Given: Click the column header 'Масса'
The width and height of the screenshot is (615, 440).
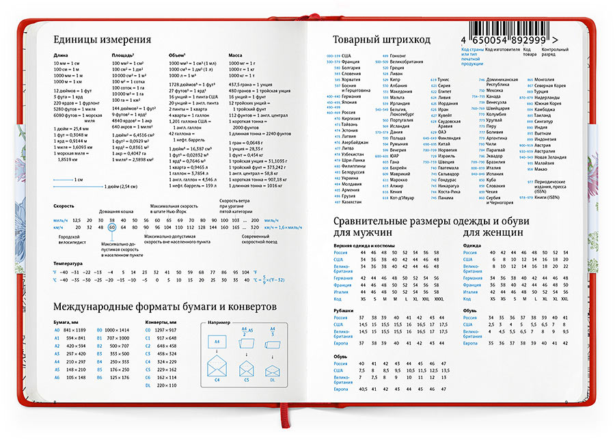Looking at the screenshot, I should coord(235,54).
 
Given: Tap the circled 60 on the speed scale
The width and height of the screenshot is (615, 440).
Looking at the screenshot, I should coord(112,228).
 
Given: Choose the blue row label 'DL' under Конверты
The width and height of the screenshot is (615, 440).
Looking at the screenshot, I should coord(148,385).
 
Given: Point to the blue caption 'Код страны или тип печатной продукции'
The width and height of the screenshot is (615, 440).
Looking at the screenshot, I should coord(471,56).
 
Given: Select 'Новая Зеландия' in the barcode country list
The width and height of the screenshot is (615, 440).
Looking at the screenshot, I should coord(550,157).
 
